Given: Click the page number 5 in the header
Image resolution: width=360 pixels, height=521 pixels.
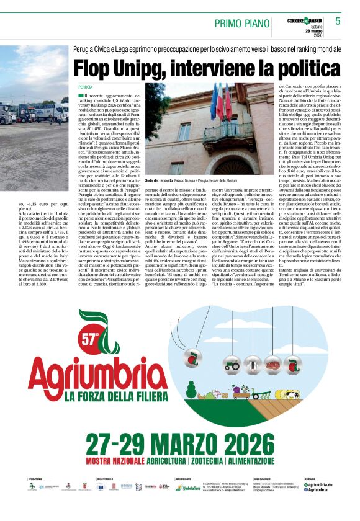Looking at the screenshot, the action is point(338,20).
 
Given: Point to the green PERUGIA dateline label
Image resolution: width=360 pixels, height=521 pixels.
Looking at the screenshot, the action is point(86,87).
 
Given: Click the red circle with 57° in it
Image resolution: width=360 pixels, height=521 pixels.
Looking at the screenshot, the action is point(91,337).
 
